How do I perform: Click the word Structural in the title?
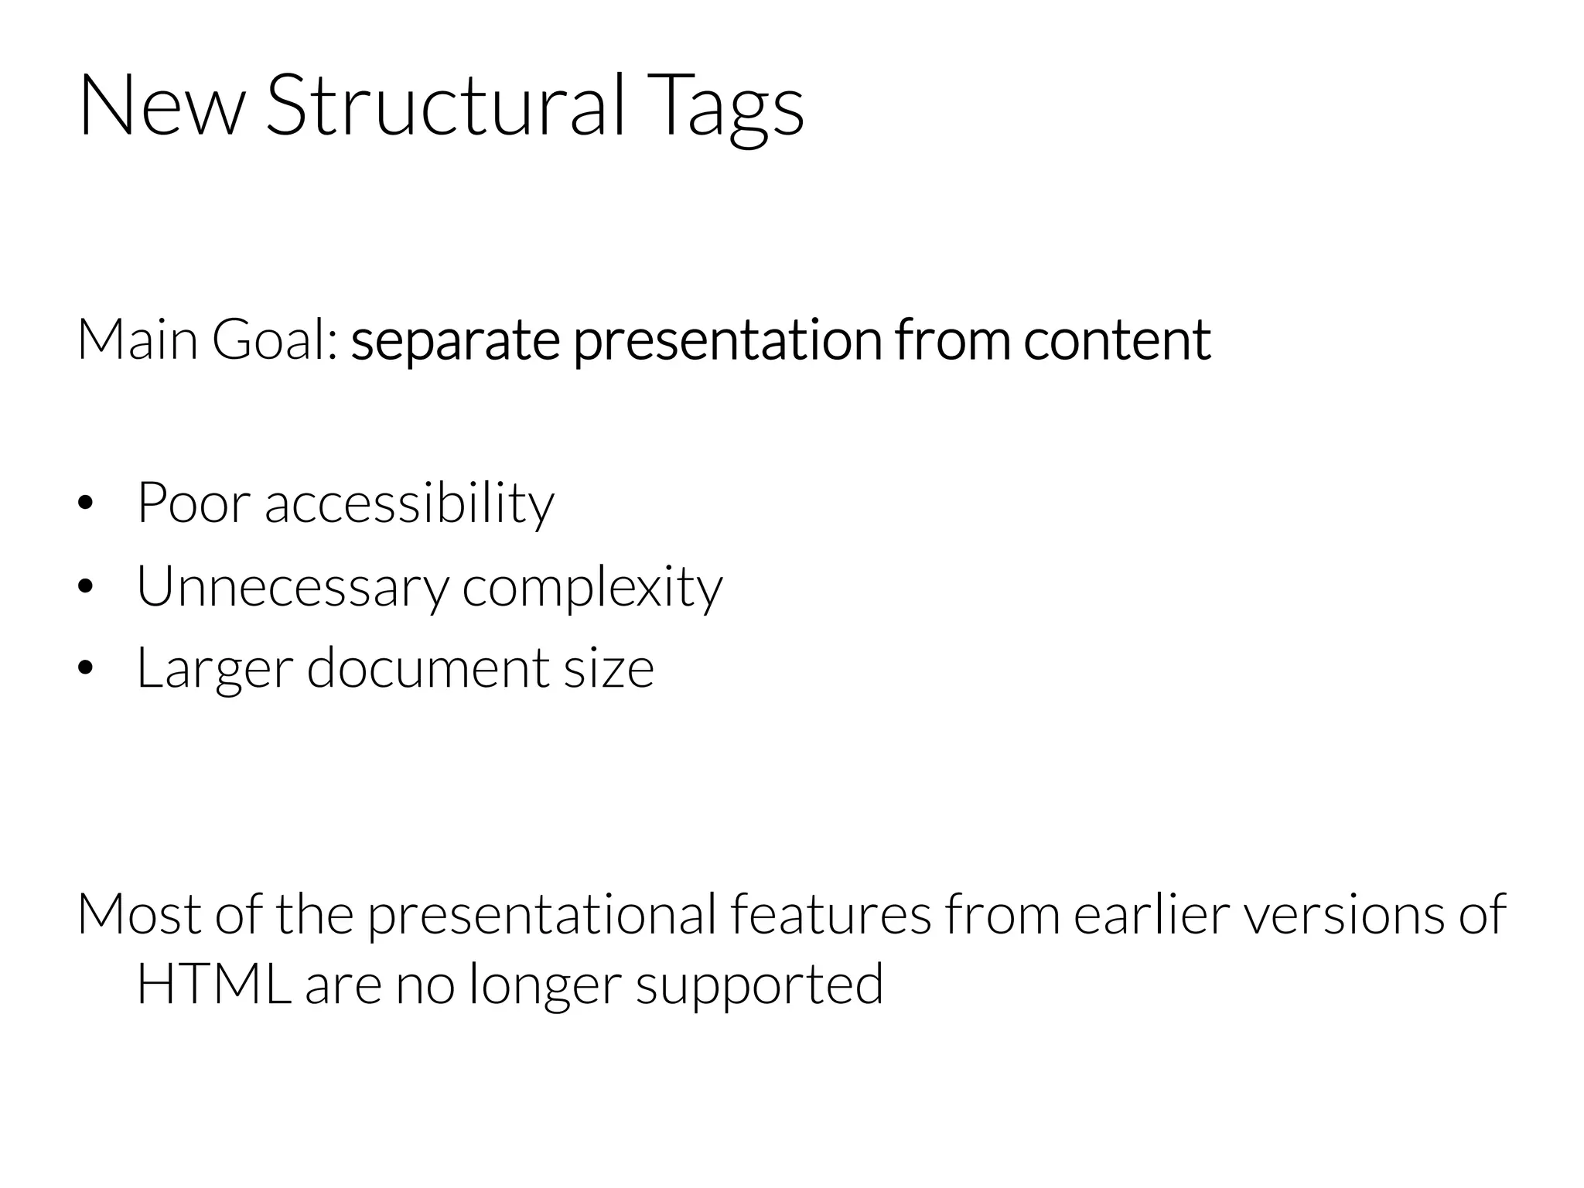click(445, 106)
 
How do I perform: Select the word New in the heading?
click(161, 106)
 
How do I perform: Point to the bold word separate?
click(455, 341)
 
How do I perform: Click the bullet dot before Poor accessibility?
click(85, 504)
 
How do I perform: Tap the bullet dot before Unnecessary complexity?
click(85, 586)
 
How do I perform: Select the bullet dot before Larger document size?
click(85, 668)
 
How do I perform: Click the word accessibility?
click(409, 504)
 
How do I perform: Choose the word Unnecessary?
click(292, 587)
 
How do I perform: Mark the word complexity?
click(592, 587)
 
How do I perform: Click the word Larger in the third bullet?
click(214, 668)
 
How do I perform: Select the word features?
click(830, 914)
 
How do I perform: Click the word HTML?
click(213, 984)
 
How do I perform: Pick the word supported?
click(760, 986)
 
